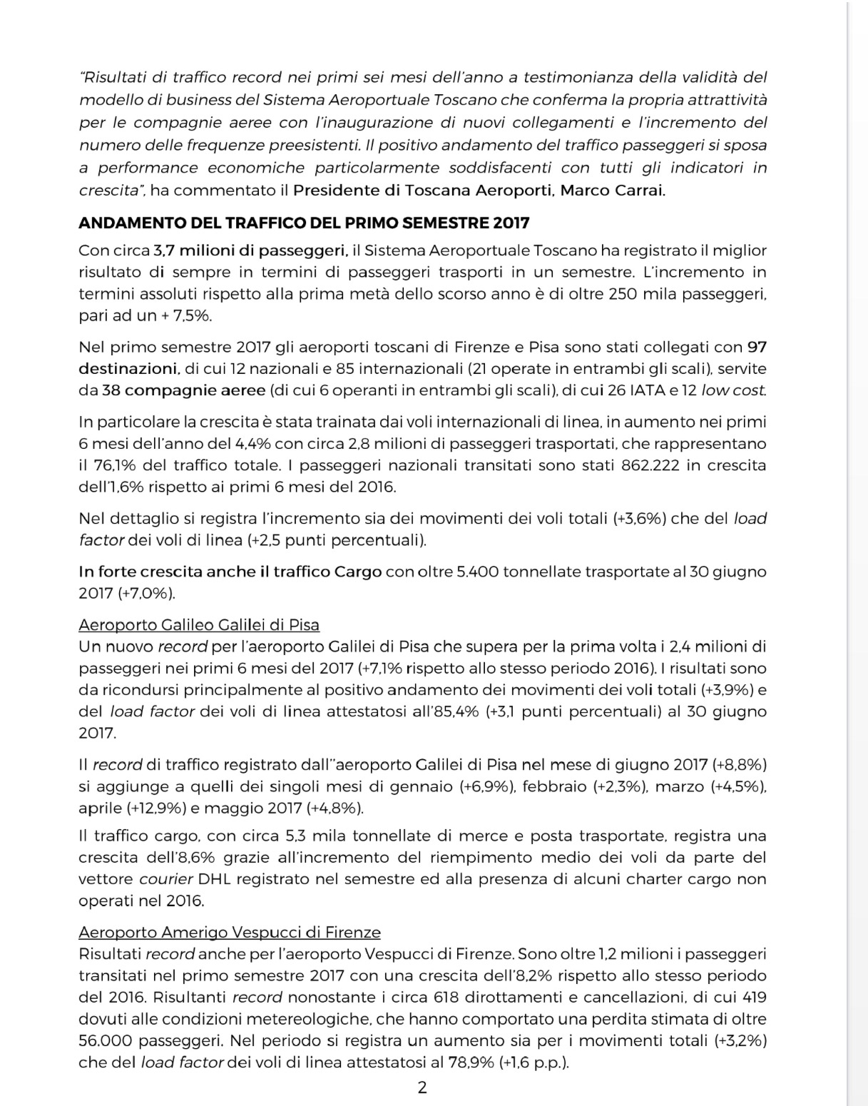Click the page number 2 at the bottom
tap(422, 1087)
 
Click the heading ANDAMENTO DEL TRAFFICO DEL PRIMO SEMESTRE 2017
tap(304, 223)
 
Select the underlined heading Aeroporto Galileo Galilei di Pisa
tap(199, 625)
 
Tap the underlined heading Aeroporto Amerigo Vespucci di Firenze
tap(230, 932)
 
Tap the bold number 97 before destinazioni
tap(756, 347)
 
